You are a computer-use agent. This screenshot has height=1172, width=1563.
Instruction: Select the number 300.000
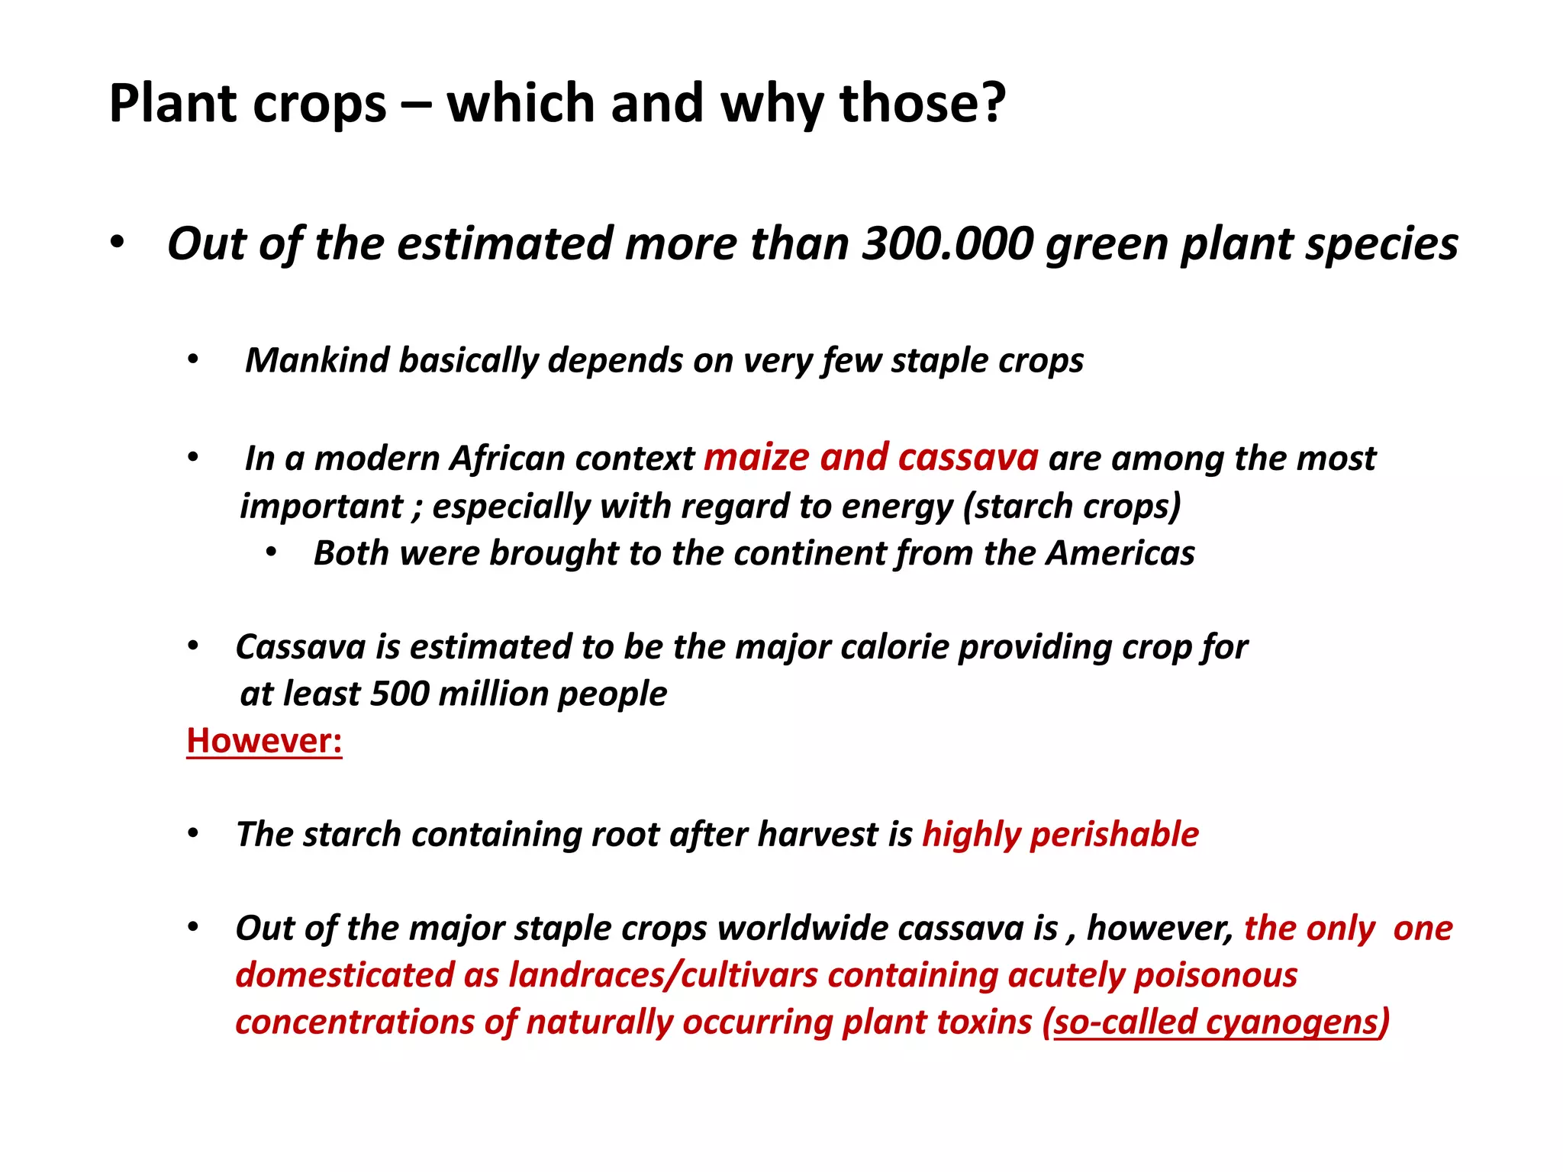pyautogui.click(x=948, y=243)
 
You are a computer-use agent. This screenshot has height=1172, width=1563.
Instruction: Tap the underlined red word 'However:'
pyautogui.click(x=264, y=741)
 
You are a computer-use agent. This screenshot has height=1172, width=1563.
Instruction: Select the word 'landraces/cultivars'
pyautogui.click(x=663, y=975)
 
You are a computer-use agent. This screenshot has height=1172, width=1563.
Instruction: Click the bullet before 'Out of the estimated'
pyautogui.click(x=116, y=243)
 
